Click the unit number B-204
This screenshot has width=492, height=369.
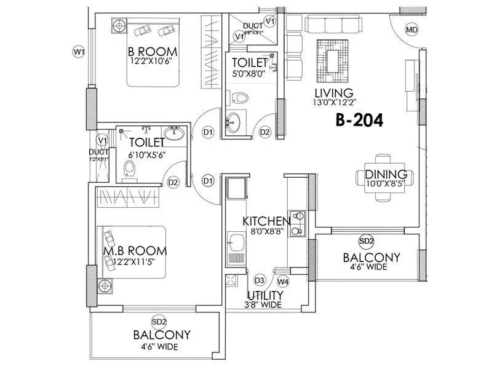click(x=360, y=121)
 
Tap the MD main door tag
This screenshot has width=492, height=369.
click(x=411, y=30)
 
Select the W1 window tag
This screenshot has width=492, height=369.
click(x=79, y=52)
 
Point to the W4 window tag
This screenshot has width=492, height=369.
click(x=283, y=281)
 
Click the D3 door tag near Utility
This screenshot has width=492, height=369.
click(x=260, y=280)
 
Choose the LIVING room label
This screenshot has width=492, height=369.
click(x=333, y=93)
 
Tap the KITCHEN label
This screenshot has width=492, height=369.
click(x=266, y=221)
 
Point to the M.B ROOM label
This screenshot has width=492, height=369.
click(x=135, y=251)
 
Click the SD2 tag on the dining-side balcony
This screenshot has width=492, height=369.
click(x=366, y=240)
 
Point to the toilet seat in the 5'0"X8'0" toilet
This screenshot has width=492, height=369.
click(x=240, y=97)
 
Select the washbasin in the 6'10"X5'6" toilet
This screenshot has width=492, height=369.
click(x=175, y=133)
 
